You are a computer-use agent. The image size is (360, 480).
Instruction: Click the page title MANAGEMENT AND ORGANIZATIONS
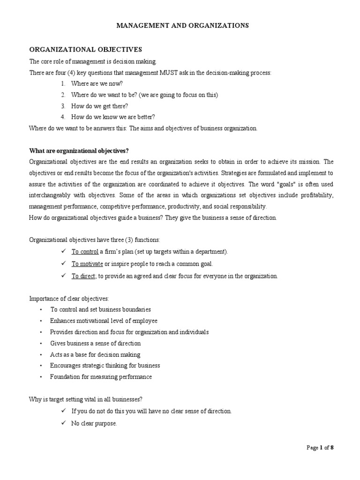[182, 26]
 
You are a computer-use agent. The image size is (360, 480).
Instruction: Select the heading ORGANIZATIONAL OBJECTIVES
[85, 49]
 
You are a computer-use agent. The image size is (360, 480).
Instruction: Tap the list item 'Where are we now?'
[97, 83]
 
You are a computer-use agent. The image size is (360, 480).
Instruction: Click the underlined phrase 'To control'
[85, 252]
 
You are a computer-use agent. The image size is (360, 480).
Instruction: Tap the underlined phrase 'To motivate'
[87, 264]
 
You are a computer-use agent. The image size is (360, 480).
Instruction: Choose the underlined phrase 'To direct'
[83, 276]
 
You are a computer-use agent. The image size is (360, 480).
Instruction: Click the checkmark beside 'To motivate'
[63, 264]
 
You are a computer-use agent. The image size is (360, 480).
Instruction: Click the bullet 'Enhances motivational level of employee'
[104, 321]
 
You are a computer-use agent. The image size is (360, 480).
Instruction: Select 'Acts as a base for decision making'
[95, 354]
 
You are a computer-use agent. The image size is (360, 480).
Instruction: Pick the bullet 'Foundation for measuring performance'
[101, 377]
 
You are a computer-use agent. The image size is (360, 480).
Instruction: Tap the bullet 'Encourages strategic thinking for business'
[105, 366]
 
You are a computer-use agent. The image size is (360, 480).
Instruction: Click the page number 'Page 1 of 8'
[320, 448]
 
